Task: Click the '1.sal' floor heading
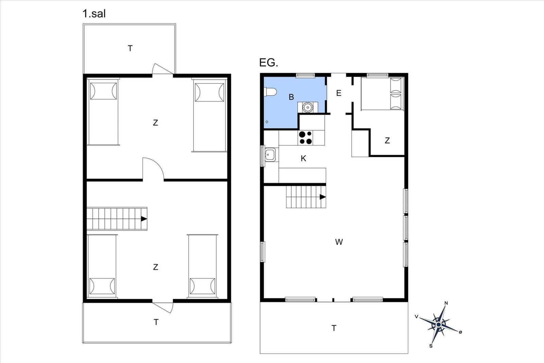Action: pyautogui.click(x=94, y=14)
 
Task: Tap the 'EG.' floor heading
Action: pyautogui.click(x=269, y=63)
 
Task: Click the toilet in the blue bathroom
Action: pyautogui.click(x=271, y=92)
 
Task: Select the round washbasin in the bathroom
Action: pyautogui.click(x=308, y=107)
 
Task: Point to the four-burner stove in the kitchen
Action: pyautogui.click(x=306, y=137)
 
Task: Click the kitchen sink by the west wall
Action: pyautogui.click(x=270, y=154)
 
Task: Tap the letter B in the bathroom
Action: pyautogui.click(x=291, y=97)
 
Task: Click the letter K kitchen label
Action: pyautogui.click(x=303, y=159)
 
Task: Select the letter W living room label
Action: pyautogui.click(x=339, y=242)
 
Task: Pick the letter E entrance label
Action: pyautogui.click(x=339, y=93)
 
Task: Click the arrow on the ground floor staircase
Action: pyautogui.click(x=323, y=197)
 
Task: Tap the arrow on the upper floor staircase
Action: pyautogui.click(x=144, y=219)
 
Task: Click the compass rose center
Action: pyautogui.click(x=439, y=325)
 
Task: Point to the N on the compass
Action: pyautogui.click(x=446, y=303)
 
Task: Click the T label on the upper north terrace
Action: pyautogui.click(x=130, y=48)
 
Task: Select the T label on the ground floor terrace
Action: pyautogui.click(x=334, y=328)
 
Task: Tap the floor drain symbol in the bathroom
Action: pyautogui.click(x=267, y=122)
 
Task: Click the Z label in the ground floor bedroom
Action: pyautogui.click(x=387, y=141)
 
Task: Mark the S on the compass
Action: pyautogui.click(x=431, y=346)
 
